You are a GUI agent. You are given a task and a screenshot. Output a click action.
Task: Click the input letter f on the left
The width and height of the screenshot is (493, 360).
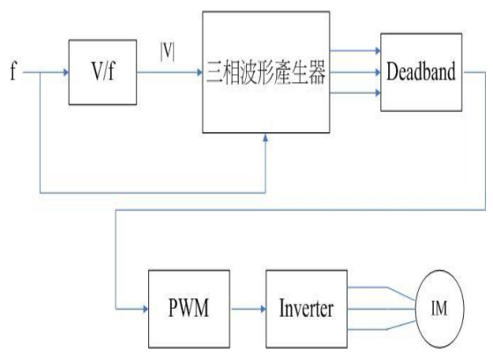[x=12, y=71]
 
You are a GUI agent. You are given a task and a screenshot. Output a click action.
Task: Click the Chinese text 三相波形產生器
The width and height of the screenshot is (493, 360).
[x=266, y=72]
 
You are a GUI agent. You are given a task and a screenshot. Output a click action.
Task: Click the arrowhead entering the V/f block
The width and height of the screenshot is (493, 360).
[x=66, y=72]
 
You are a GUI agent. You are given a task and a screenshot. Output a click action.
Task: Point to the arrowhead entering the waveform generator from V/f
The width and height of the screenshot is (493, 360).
[x=200, y=72]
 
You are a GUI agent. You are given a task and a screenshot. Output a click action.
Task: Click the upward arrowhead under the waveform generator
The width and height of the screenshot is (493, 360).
[x=265, y=137]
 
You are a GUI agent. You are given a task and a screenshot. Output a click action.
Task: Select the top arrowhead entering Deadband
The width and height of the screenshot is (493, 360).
[x=377, y=50]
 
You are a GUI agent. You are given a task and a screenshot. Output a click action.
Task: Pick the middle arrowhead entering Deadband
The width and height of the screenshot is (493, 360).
[x=377, y=72]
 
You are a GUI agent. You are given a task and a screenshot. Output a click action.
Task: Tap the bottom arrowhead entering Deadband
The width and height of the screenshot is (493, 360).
[x=377, y=93]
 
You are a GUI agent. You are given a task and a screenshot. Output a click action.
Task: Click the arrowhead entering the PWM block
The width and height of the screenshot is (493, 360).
[x=146, y=309]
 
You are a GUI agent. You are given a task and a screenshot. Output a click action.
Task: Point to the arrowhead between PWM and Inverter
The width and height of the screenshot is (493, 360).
[x=263, y=309]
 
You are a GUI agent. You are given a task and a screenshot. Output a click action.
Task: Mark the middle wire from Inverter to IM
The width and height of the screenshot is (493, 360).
[x=381, y=309]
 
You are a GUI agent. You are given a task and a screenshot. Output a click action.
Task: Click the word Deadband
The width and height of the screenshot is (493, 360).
[x=421, y=71]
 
